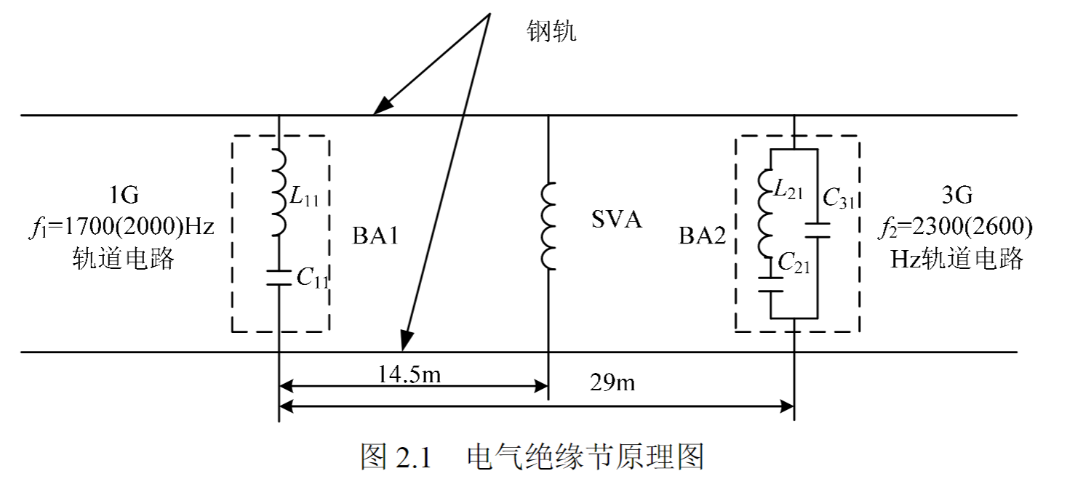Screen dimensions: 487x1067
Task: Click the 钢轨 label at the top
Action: [x=551, y=31]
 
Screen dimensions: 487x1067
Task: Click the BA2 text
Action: [x=703, y=237]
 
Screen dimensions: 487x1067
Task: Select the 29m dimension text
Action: [x=613, y=382]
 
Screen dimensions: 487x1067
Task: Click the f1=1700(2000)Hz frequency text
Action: [x=123, y=227]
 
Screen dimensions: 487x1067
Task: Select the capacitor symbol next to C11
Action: [x=279, y=278]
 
